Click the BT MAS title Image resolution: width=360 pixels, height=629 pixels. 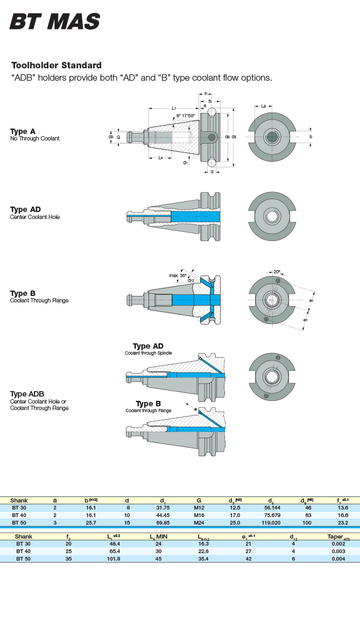[55, 22]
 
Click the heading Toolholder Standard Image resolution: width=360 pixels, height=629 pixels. [57, 66]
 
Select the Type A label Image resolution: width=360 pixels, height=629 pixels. [23, 131]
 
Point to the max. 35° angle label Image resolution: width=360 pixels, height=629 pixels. [178, 275]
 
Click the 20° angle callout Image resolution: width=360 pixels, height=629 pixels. [277, 272]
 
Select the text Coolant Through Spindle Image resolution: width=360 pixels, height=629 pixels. [149, 353]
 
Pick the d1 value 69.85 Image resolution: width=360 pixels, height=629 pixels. [163, 522]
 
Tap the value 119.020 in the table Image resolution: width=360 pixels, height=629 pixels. [271, 522]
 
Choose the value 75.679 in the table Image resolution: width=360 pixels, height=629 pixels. [271, 515]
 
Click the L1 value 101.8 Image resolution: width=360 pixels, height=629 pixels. [114, 559]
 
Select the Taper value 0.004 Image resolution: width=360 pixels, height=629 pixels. [338, 559]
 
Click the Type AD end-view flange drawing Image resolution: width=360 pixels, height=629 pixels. [272, 216]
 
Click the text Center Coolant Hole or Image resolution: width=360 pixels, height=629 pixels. [38, 401]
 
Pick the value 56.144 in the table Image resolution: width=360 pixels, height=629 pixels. [271, 507]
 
